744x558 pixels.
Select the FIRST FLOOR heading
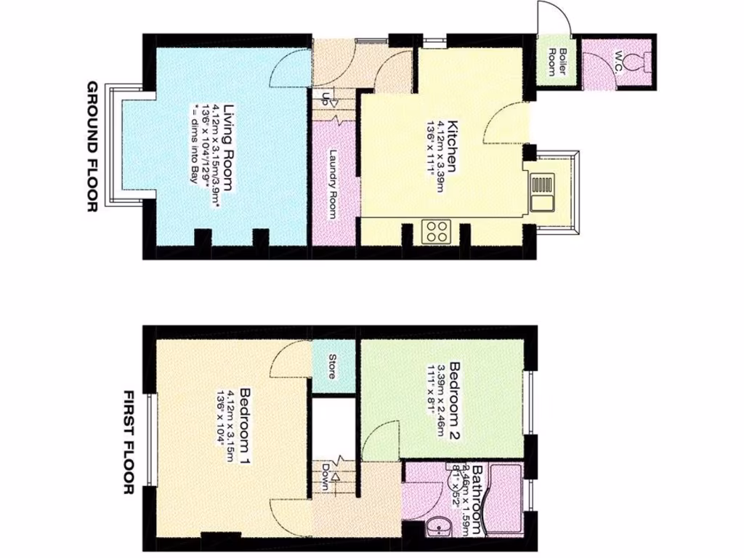[129, 442]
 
